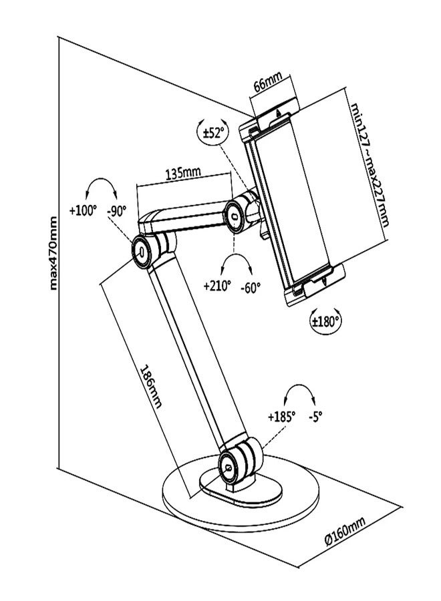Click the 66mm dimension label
(267, 85)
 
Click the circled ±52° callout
(212, 132)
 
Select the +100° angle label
(83, 210)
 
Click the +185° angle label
(282, 415)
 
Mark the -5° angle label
(315, 415)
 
